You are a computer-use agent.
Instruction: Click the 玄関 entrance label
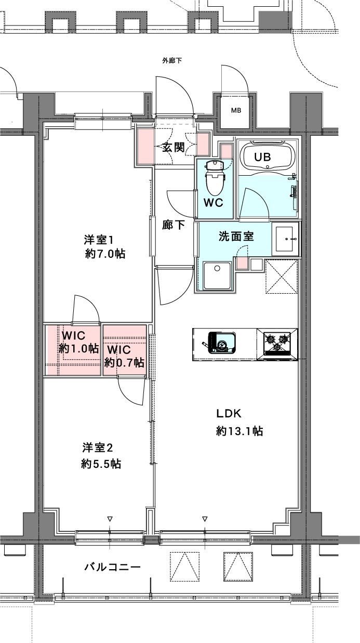(173, 147)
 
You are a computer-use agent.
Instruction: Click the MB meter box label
(236, 110)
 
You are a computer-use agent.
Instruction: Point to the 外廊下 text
(172, 61)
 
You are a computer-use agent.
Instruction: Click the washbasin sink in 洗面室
(286, 239)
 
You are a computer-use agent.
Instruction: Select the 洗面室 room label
(236, 236)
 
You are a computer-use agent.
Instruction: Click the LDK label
(230, 413)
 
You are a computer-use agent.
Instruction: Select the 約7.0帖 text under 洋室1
(105, 254)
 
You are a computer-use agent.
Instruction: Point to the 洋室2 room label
(97, 447)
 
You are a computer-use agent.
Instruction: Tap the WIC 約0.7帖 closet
(125, 354)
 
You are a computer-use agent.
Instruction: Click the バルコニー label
(112, 567)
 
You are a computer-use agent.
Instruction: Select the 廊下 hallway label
(173, 225)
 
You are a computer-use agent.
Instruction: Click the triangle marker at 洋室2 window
(110, 519)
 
